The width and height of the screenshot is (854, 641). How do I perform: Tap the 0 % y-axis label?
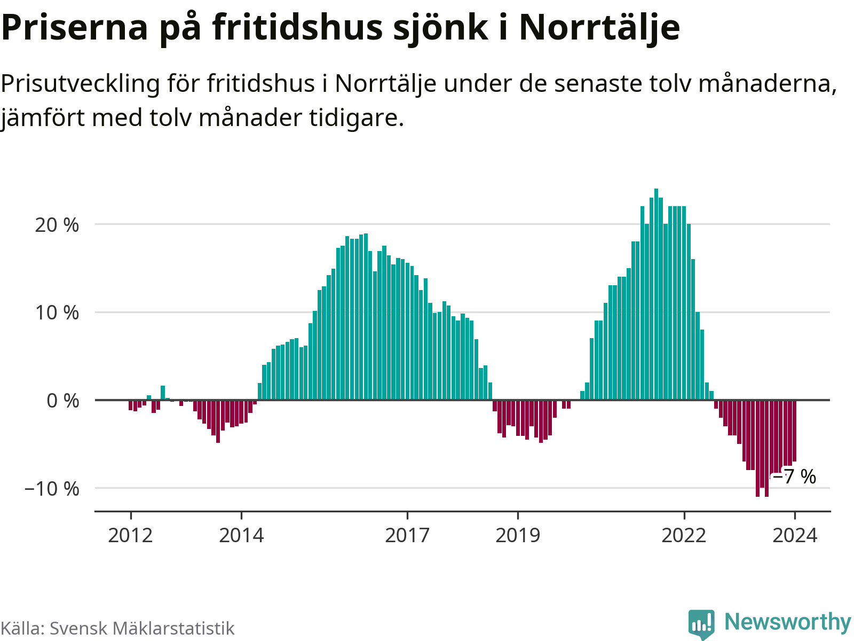pyautogui.click(x=63, y=401)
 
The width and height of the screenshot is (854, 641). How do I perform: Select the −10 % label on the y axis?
pyautogui.click(x=52, y=488)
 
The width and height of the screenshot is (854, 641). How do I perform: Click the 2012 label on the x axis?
pyautogui.click(x=130, y=535)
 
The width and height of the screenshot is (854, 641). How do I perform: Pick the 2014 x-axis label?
pyautogui.click(x=241, y=535)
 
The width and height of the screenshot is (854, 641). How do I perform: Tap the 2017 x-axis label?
pyautogui.click(x=407, y=535)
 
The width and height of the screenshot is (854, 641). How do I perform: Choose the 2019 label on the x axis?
pyautogui.click(x=518, y=535)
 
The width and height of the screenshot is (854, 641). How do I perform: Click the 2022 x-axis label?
pyautogui.click(x=684, y=535)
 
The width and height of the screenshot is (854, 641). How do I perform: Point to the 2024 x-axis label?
pyautogui.click(x=795, y=535)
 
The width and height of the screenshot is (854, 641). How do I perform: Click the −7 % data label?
pyautogui.click(x=795, y=476)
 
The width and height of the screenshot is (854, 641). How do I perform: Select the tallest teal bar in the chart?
pyautogui.click(x=656, y=294)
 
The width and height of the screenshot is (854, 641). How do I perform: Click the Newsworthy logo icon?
pyautogui.click(x=701, y=623)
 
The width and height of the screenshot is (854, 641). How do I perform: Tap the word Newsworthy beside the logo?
pyautogui.click(x=787, y=622)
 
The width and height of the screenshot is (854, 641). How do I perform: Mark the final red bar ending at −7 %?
pyautogui.click(x=794, y=431)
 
